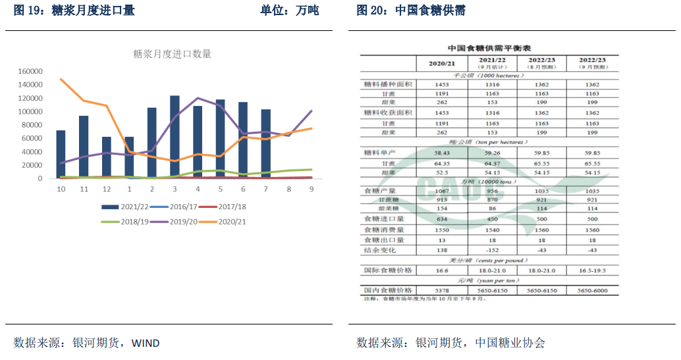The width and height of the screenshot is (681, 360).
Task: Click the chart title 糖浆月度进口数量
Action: click(173, 54)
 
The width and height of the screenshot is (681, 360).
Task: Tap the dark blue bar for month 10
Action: click(61, 154)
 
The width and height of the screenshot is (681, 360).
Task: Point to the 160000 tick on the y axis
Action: click(31, 71)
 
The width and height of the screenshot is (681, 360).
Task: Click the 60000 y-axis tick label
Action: click(33, 138)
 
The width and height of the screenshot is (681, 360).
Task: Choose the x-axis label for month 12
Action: click(106, 189)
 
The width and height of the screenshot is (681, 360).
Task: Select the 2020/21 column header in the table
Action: click(442, 63)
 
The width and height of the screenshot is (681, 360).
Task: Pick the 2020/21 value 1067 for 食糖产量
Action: click(442, 190)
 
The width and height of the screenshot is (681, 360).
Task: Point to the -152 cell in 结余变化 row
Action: click(492, 251)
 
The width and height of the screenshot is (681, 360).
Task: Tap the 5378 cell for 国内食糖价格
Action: click(442, 290)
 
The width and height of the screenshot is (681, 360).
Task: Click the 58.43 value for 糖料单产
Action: click(442, 153)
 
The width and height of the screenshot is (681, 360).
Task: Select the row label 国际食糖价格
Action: click(389, 270)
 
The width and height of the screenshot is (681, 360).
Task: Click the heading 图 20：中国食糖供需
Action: click(411, 11)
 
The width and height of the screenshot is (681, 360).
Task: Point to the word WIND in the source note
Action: click(146, 343)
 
